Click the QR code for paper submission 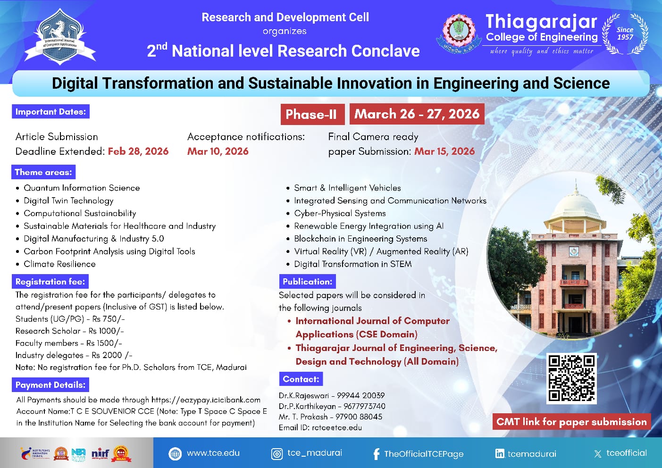[571, 378]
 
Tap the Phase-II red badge [312, 114]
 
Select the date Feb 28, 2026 [138, 151]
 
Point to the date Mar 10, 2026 [218, 151]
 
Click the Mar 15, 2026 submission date [444, 151]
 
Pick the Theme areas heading [43, 172]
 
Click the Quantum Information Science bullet [82, 188]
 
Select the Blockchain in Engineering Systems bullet [360, 239]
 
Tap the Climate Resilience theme [59, 264]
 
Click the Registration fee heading [50, 282]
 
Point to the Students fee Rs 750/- [70, 319]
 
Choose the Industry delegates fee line [74, 355]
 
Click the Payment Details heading [50, 385]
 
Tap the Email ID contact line [320, 427]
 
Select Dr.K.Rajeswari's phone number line [332, 395]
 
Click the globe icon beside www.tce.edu [175, 454]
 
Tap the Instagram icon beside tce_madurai [277, 454]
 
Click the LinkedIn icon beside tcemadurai [500, 454]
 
